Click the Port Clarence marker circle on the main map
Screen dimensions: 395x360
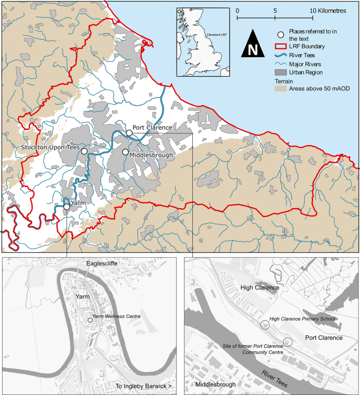129,133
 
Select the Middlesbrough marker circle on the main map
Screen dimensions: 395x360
125,152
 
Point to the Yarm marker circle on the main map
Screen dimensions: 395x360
67,207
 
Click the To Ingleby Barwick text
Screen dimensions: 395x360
143,388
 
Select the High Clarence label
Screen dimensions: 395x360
262,287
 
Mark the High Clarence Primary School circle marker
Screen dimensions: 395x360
265,325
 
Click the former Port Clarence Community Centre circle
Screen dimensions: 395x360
287,342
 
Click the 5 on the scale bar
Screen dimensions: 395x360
275,10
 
